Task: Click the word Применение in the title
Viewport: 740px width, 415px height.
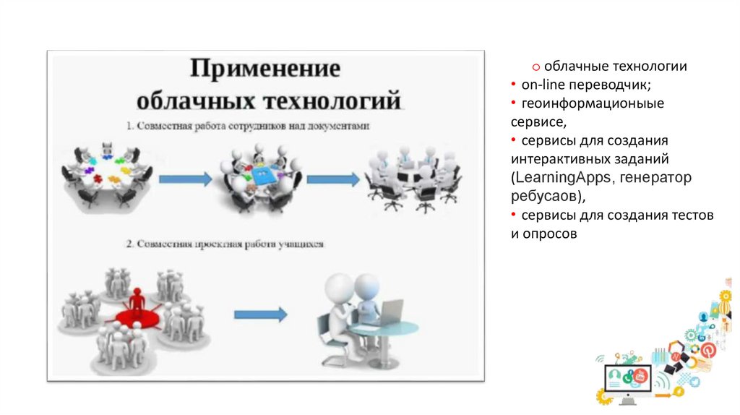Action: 265,70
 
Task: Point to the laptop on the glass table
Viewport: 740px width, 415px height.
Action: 391,312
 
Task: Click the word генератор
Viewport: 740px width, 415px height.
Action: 661,177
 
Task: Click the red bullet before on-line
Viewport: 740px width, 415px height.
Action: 513,85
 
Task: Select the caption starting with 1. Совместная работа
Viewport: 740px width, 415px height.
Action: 248,126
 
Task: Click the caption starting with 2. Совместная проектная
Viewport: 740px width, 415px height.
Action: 225,244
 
